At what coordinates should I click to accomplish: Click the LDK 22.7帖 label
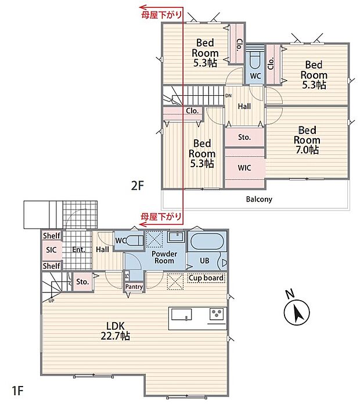click(115, 331)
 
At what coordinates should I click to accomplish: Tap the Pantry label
click(134, 287)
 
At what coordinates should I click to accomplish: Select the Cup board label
click(206, 278)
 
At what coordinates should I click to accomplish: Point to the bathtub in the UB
click(207, 241)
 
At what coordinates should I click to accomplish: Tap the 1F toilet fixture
click(135, 240)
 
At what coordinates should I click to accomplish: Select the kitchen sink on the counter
click(181, 315)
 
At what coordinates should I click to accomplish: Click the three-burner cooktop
click(216, 314)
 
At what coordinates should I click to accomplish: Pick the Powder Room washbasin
click(177, 236)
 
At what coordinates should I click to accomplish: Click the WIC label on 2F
click(244, 168)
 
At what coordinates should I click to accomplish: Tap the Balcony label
click(259, 199)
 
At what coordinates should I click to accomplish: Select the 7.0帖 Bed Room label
click(307, 140)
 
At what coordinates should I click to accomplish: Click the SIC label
click(51, 250)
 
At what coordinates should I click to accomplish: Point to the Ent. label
click(78, 250)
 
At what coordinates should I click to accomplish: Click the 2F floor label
click(137, 186)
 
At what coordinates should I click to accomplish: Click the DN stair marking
click(228, 96)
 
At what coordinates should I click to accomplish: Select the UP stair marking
click(51, 301)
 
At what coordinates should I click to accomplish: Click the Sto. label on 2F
click(244, 138)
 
